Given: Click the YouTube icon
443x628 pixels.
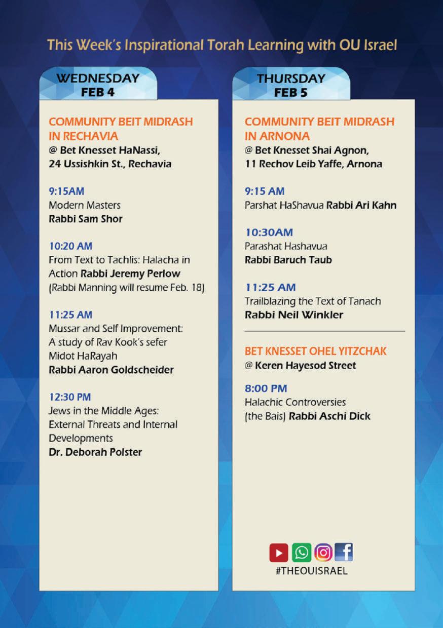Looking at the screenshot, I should (x=279, y=553).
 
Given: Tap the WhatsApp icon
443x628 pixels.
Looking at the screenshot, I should (x=302, y=553).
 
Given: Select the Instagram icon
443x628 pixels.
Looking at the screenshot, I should (x=323, y=553).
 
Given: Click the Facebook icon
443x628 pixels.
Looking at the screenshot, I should (x=344, y=552).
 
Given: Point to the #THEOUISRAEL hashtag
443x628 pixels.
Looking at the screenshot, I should (x=311, y=570).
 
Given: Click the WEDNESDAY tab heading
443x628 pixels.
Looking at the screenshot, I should (x=98, y=78).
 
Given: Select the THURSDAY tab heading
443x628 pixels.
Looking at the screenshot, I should (x=291, y=78).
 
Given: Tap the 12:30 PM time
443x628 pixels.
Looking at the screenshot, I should (x=70, y=397).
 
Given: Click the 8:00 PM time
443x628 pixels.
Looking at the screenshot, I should (x=266, y=388).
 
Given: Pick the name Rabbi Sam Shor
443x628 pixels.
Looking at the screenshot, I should (x=86, y=219).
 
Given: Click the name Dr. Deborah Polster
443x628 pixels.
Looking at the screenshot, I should (x=95, y=452).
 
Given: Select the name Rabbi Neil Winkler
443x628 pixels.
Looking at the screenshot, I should (x=294, y=315).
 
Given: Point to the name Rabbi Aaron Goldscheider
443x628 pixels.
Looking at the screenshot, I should (x=111, y=370).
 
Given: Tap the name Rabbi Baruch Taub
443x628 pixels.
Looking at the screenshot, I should (x=288, y=260).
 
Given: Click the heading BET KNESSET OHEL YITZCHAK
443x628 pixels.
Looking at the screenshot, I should (x=315, y=351).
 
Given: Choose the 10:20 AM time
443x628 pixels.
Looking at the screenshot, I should (x=70, y=246).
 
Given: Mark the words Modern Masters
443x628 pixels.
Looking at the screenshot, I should (x=85, y=205).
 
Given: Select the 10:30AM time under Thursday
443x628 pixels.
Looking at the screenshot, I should (x=269, y=232).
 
